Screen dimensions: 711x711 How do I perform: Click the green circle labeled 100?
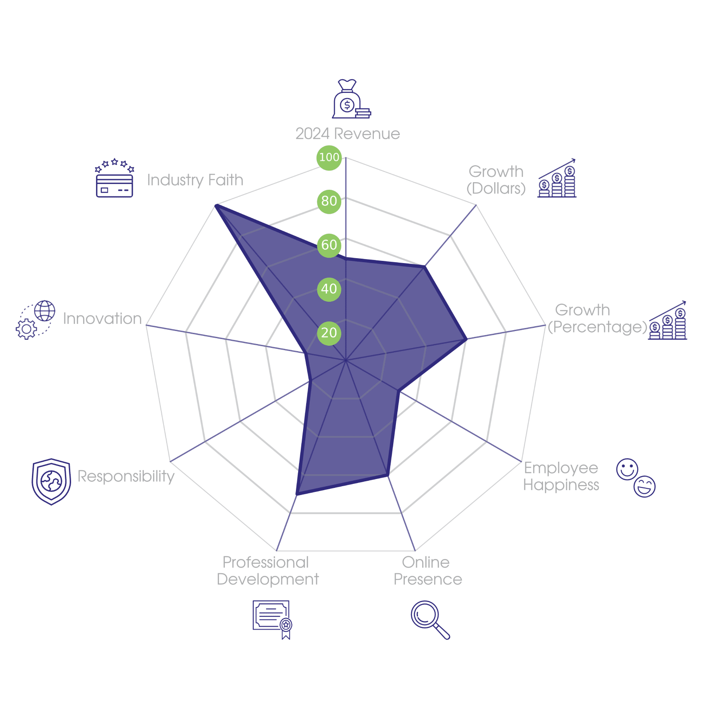pyautogui.click(x=329, y=157)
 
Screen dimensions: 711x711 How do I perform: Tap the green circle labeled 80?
pyautogui.click(x=329, y=201)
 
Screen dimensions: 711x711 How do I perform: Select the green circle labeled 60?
pyautogui.click(x=329, y=245)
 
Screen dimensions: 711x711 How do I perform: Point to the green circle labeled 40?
pyautogui.click(x=329, y=289)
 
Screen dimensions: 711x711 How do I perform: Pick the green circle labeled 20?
pyautogui.click(x=329, y=333)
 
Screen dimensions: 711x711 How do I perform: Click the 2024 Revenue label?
pyautogui.click(x=348, y=134)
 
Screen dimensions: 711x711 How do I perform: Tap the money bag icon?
pyautogui.click(x=352, y=99)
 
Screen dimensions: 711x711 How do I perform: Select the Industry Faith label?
pyautogui.click(x=195, y=180)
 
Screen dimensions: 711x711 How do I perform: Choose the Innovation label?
pyautogui.click(x=102, y=319)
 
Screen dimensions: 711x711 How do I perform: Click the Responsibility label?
pyautogui.click(x=126, y=476)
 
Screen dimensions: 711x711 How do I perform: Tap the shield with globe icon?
pyautogui.click(x=51, y=482)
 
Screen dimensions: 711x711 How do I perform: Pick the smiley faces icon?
pyautogui.click(x=636, y=478)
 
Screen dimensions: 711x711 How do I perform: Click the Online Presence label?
pyautogui.click(x=427, y=571)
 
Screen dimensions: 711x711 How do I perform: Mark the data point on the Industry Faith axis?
pyautogui.click(x=216, y=205)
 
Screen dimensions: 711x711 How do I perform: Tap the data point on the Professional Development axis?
pyautogui.click(x=297, y=494)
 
